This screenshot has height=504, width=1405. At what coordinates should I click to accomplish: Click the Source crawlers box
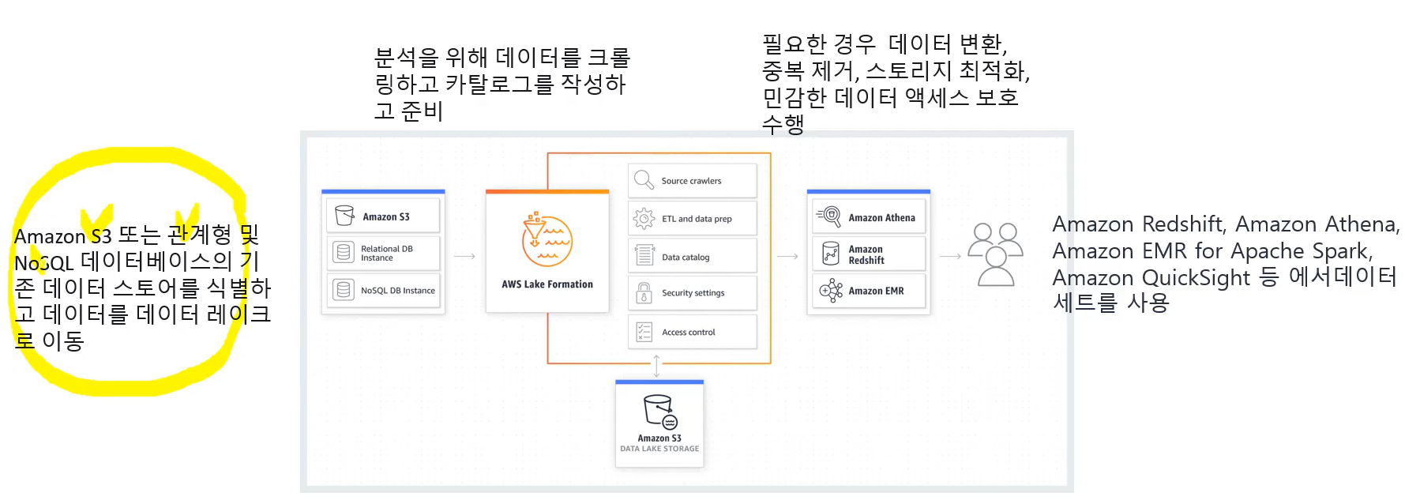(x=692, y=181)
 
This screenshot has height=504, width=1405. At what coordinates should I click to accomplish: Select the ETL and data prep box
(x=692, y=219)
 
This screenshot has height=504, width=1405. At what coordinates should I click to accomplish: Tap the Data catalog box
(x=692, y=256)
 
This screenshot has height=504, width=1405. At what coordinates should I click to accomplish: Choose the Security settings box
(x=692, y=293)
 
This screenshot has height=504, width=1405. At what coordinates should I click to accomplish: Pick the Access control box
(x=692, y=333)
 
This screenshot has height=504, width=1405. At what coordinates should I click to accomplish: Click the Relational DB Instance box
(x=383, y=253)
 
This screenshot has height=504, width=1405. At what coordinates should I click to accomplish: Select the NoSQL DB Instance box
(x=383, y=290)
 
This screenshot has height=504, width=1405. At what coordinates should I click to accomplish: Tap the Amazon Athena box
(x=868, y=217)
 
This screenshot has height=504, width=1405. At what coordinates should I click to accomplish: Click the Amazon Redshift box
(x=868, y=254)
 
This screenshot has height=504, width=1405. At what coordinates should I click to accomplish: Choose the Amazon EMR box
(x=868, y=291)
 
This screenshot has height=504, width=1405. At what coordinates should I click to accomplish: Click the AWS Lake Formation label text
(x=547, y=284)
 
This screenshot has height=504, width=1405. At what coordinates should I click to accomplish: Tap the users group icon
(x=995, y=254)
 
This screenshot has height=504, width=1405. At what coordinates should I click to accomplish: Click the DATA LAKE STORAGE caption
(x=659, y=449)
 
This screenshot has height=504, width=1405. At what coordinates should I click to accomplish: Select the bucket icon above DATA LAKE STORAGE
(x=659, y=412)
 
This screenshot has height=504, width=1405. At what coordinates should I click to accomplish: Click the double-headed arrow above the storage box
(x=656, y=367)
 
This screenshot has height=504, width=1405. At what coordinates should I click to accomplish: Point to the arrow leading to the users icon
(x=950, y=256)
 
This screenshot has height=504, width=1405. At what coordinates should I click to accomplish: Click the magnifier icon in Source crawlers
(x=644, y=180)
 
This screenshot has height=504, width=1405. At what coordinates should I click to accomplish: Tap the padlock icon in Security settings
(x=644, y=293)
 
